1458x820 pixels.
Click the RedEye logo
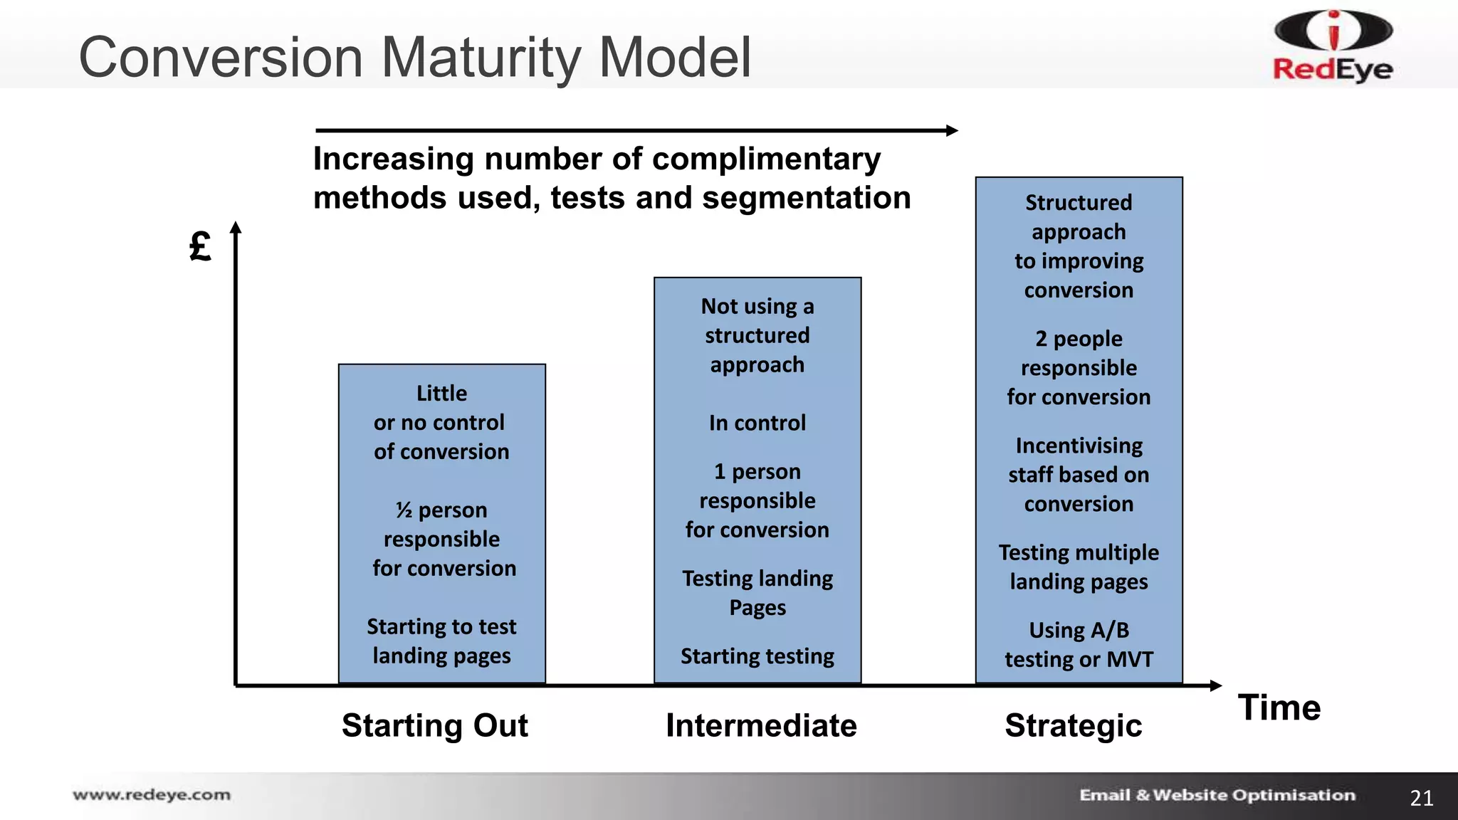point(1333,46)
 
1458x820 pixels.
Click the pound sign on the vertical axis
point(200,247)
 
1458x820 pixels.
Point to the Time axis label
point(1279,708)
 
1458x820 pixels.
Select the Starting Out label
point(434,725)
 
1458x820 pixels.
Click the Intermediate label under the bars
point(761,725)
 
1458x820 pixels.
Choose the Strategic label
point(1073,725)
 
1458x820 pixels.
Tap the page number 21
point(1421,798)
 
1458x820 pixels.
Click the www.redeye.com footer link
point(152,794)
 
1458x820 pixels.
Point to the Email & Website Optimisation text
point(1217,795)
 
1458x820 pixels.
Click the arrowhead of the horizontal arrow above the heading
point(953,130)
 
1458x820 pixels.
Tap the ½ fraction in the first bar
point(404,510)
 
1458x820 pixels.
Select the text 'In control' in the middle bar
point(757,423)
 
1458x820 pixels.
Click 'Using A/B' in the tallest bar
point(1079,630)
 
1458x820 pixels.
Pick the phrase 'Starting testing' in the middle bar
point(757,656)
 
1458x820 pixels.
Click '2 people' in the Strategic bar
point(1079,339)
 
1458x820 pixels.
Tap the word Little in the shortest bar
point(441,393)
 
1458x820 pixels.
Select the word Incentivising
point(1079,446)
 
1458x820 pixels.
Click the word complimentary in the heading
point(766,159)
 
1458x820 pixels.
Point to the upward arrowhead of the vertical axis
point(236,227)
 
